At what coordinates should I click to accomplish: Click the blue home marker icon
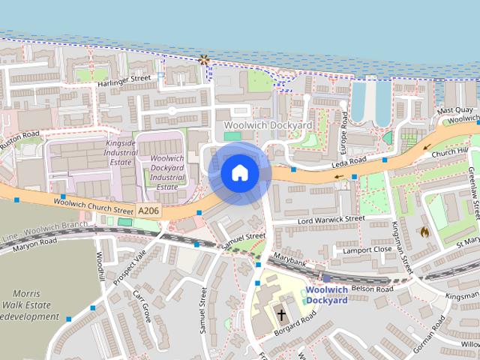tap(239, 172)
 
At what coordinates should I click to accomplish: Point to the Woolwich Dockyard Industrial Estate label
tap(167, 172)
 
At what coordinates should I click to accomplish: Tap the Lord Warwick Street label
tap(319, 220)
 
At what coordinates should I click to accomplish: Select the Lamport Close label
tap(366, 249)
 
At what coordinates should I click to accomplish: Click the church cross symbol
tap(283, 314)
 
